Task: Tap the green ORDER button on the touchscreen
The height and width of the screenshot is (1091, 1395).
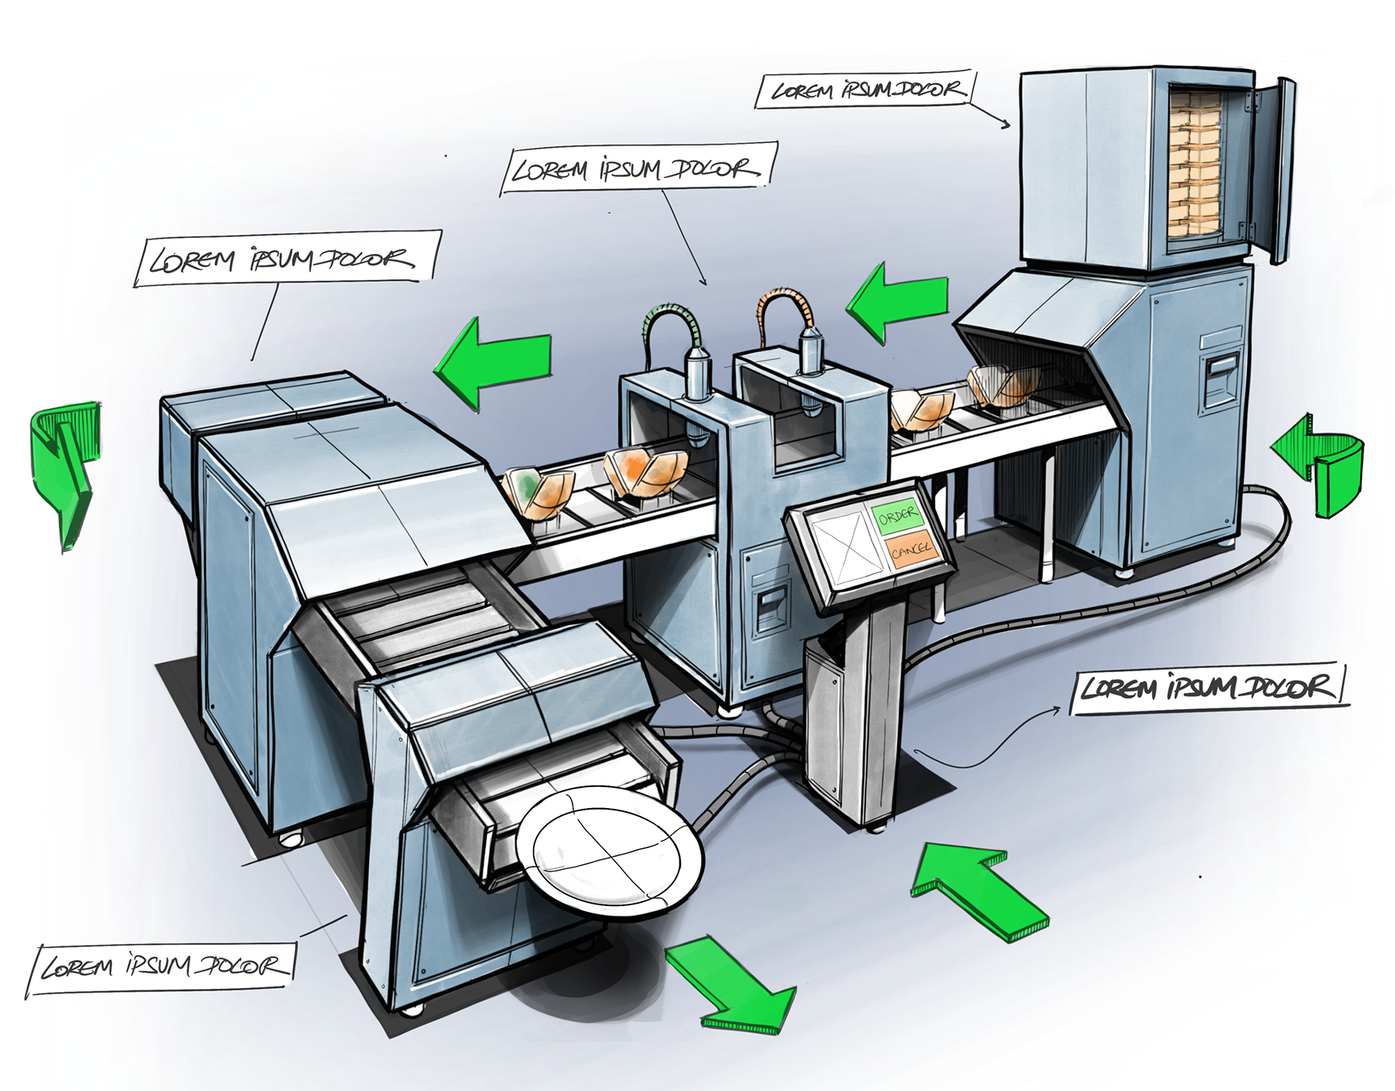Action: coord(896,515)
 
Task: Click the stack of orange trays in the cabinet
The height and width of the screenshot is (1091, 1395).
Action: coord(1196,164)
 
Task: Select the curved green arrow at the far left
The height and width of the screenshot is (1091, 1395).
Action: coord(66,466)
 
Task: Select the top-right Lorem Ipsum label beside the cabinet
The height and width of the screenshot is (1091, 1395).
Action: coord(865,90)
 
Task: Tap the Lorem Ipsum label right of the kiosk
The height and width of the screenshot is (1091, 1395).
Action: coord(1208,688)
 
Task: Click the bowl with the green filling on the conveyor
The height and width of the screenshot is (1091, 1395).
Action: coord(538,493)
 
